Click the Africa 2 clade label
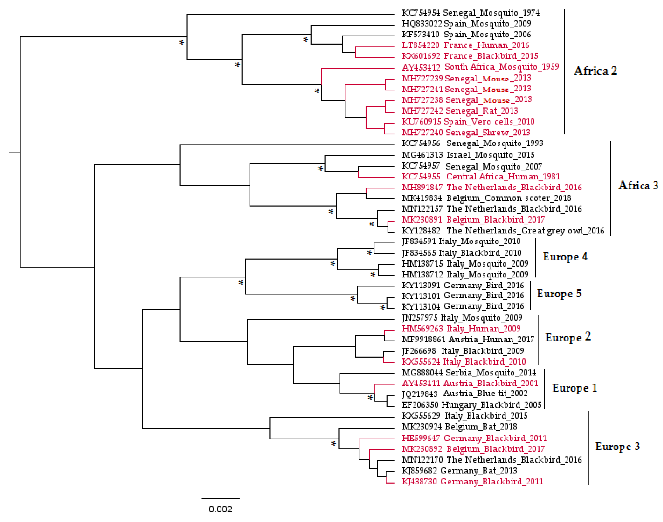click(595, 71)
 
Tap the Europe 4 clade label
click(565, 257)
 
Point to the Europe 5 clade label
click(559, 294)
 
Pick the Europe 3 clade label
click(617, 447)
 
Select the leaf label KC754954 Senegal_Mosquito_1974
click(471, 13)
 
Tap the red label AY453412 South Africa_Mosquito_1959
click(480, 67)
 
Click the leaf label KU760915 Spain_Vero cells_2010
click(468, 122)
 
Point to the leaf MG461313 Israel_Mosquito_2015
click(468, 155)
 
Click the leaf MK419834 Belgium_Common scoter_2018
click(486, 198)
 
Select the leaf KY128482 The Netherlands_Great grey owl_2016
click(503, 230)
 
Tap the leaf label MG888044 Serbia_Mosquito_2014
click(469, 373)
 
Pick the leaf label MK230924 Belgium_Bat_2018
click(459, 426)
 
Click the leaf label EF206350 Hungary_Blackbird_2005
click(472, 405)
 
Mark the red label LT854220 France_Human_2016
click(465, 45)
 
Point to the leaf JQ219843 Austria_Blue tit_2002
click(465, 394)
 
